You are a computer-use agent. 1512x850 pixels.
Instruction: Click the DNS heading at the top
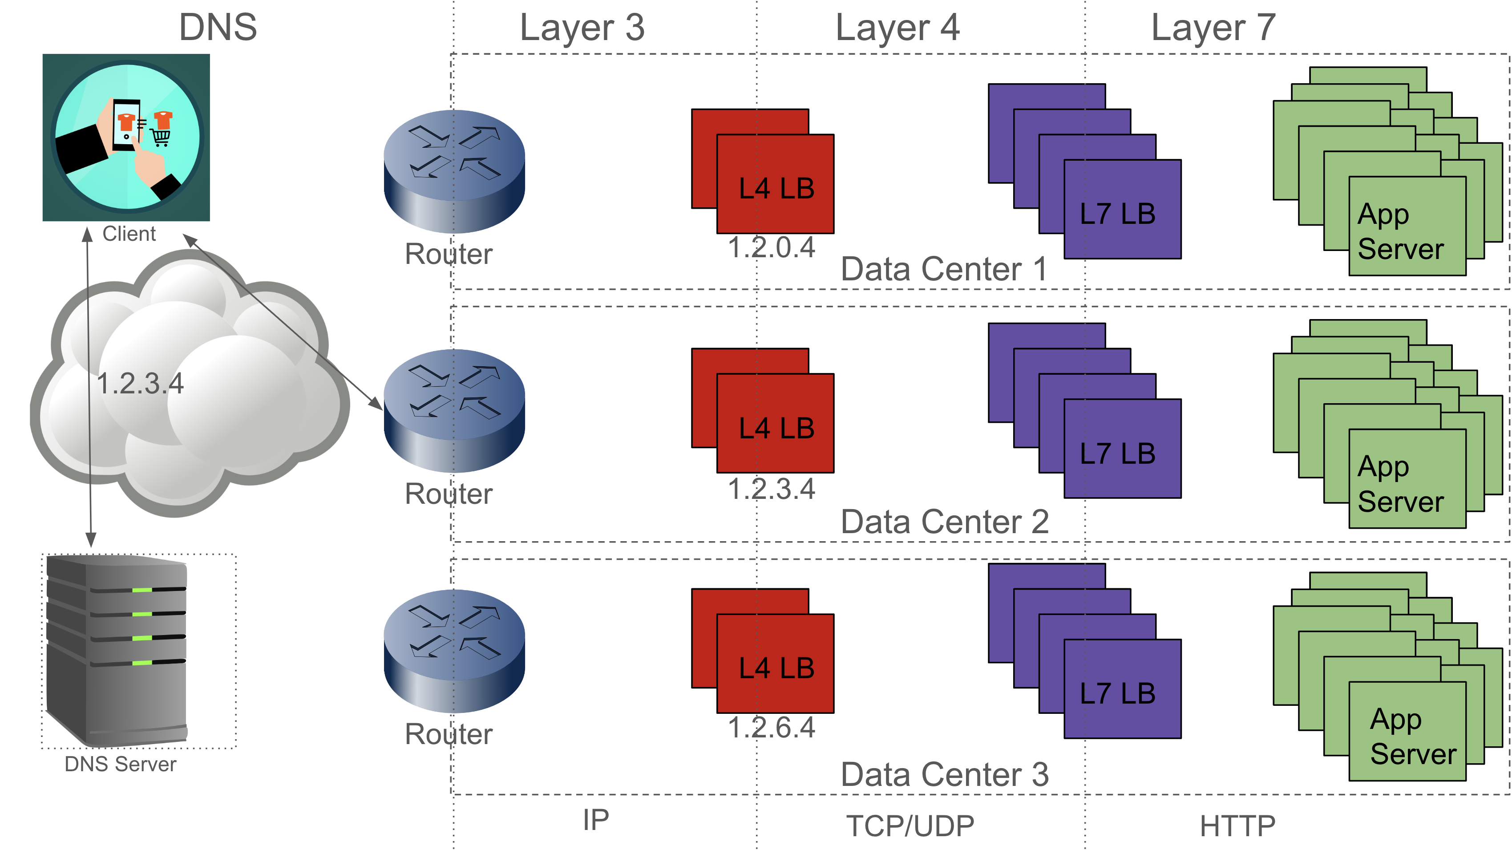[218, 27]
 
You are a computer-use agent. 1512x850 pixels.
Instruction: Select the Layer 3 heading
[582, 28]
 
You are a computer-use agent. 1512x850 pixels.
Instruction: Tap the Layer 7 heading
[1213, 28]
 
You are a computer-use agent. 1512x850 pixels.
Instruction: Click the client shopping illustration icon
[126, 138]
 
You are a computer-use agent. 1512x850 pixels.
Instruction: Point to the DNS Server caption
[120, 764]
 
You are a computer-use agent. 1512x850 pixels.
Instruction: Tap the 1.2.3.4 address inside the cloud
[140, 384]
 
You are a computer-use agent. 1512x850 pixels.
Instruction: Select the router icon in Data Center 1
[454, 171]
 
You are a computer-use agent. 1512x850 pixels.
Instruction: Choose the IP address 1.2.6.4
[771, 728]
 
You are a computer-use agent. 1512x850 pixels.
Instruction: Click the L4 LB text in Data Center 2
[776, 429]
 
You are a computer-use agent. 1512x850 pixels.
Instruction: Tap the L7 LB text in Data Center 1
[1118, 214]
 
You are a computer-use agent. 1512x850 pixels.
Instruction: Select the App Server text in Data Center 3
[1413, 736]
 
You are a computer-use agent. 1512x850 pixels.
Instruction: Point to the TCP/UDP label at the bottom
[910, 826]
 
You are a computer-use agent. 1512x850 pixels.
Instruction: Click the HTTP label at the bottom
[1237, 826]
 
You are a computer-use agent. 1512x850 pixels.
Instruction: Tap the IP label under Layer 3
[596, 819]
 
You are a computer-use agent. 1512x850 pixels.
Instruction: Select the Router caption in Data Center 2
[449, 494]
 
